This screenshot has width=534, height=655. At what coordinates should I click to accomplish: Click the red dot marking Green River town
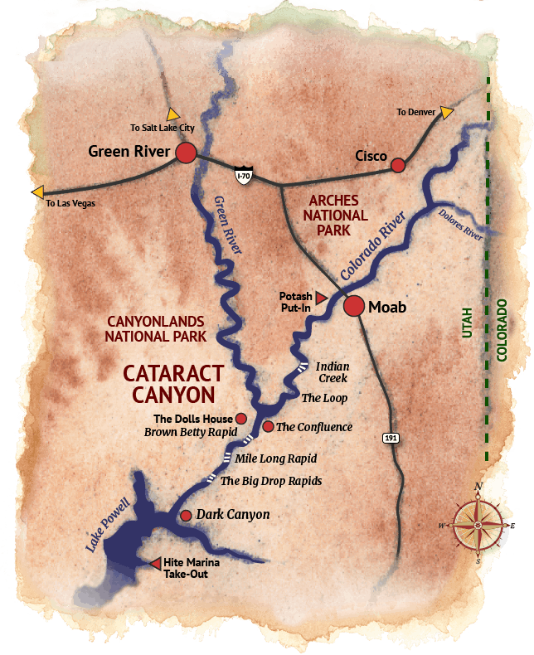tap(185, 153)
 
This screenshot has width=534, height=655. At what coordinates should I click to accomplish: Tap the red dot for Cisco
tap(398, 165)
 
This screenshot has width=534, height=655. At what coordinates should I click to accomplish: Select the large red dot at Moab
tap(354, 306)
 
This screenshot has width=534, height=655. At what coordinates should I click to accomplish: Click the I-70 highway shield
tap(243, 175)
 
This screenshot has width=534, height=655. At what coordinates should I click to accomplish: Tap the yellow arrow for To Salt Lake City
tap(172, 114)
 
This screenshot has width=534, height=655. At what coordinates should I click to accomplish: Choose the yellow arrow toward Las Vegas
tap(38, 192)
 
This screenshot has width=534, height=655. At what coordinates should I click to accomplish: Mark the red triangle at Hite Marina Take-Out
tap(155, 564)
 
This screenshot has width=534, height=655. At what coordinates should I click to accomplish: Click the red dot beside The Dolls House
tap(241, 418)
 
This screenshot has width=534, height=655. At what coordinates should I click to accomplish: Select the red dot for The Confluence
tap(268, 426)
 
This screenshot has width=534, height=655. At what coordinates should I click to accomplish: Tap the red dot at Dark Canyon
tap(187, 515)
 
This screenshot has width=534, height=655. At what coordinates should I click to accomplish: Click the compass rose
tap(478, 525)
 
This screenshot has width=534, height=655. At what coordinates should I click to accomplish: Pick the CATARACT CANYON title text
tap(169, 382)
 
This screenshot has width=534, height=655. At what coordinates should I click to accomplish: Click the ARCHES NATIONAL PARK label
tap(337, 214)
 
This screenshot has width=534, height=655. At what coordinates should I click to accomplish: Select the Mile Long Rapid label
tap(276, 458)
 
